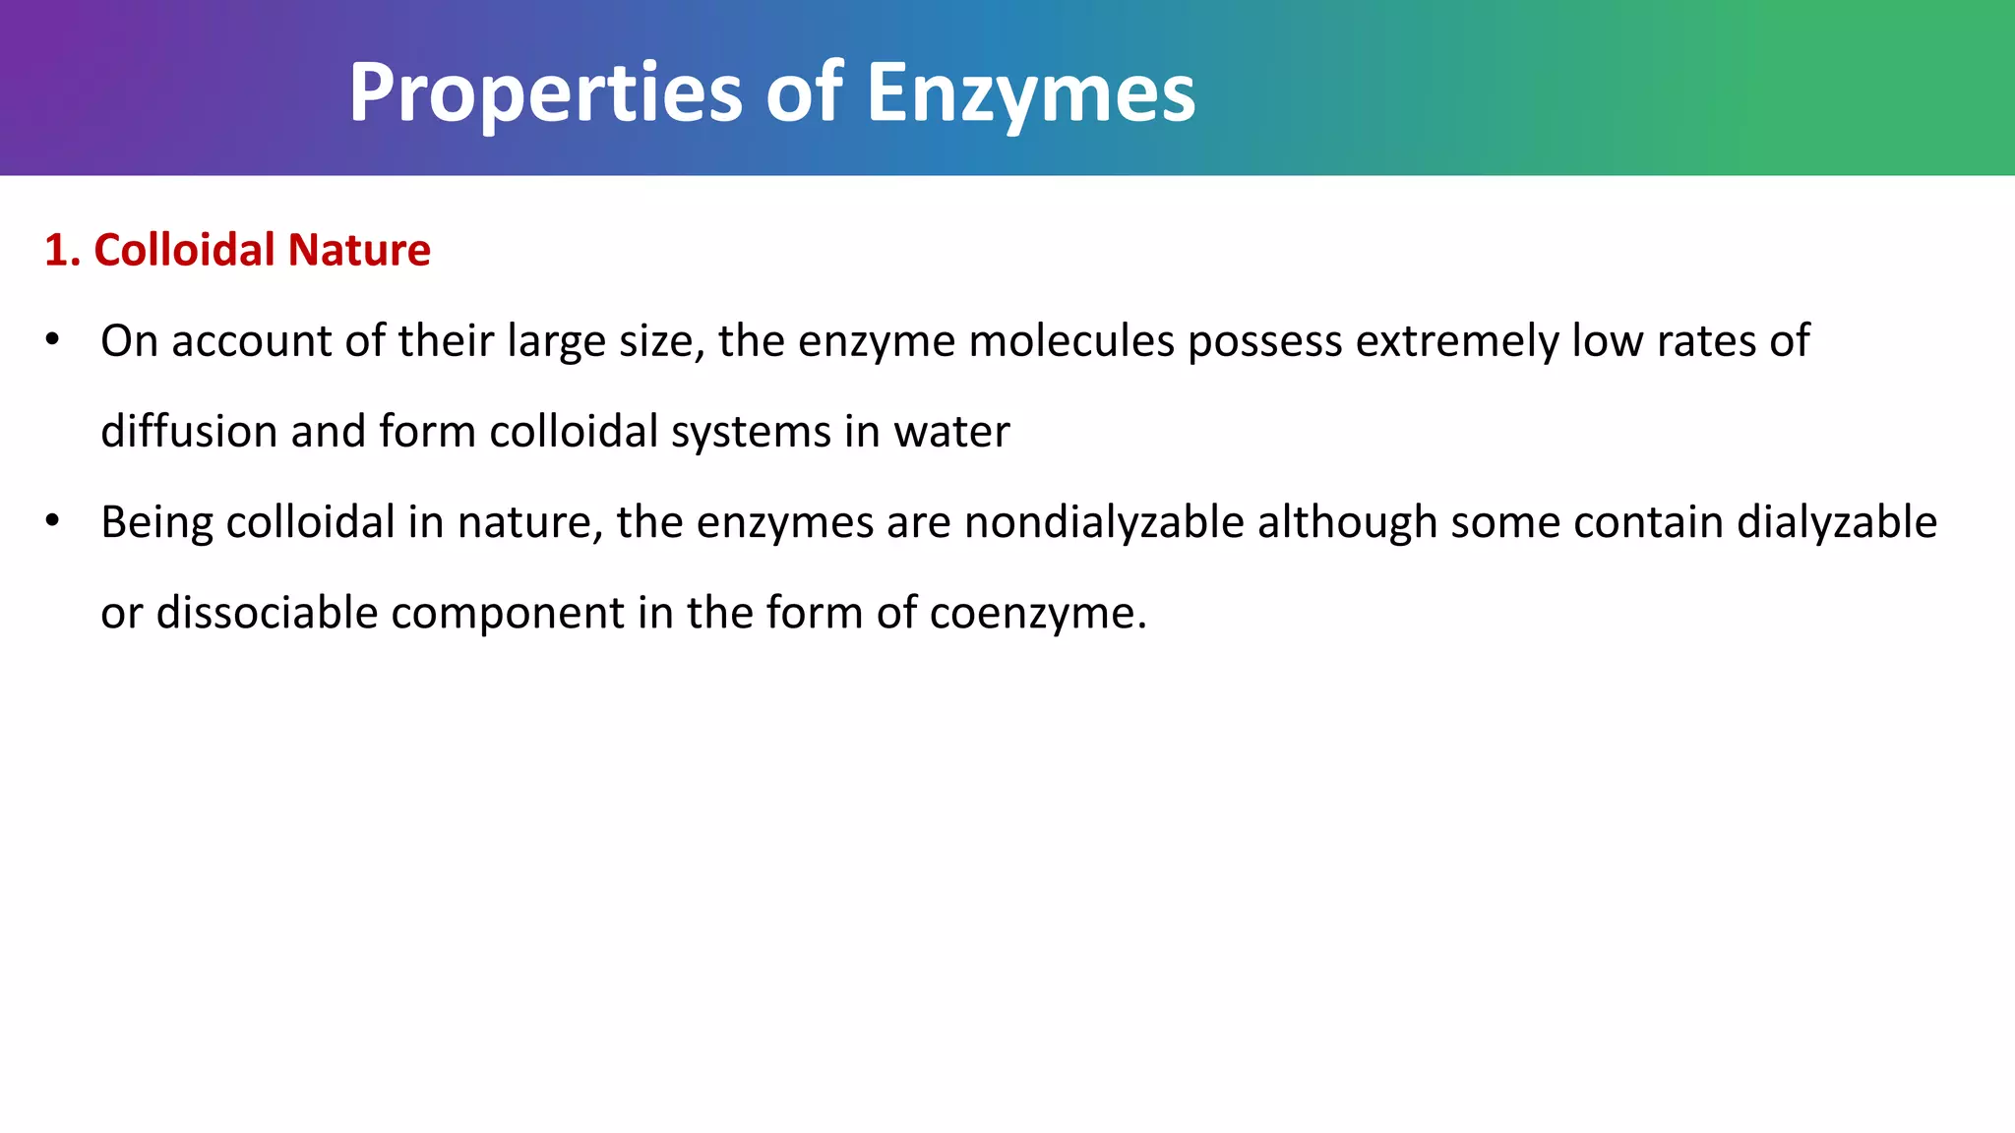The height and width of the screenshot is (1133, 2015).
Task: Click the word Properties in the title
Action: pyautogui.click(x=545, y=94)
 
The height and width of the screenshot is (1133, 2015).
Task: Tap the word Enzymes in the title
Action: pyautogui.click(x=1030, y=94)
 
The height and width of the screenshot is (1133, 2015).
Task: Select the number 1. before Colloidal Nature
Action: pyautogui.click(x=62, y=250)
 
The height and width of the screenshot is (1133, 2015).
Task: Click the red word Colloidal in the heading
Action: pyautogui.click(x=184, y=250)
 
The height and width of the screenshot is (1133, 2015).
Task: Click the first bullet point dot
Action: pyautogui.click(x=53, y=340)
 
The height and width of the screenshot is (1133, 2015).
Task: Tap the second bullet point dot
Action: pyautogui.click(x=53, y=520)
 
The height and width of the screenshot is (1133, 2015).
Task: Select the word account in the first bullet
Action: pyautogui.click(x=252, y=341)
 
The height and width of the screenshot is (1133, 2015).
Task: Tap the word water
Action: pyautogui.click(x=951, y=432)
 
